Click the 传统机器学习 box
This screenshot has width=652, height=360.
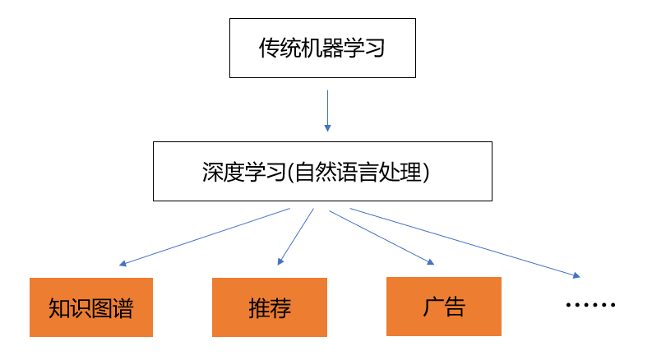322,48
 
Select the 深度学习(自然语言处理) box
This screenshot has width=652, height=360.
322,171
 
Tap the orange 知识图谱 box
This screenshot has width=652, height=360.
91,307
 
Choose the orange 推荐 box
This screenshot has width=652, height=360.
270,307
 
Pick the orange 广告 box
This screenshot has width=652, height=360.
444,307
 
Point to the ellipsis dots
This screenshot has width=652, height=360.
590,305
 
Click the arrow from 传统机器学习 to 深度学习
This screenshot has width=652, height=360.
328,111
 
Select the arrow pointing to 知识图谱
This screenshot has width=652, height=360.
205,237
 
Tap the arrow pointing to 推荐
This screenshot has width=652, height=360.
296,237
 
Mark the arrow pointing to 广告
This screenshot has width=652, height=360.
381,238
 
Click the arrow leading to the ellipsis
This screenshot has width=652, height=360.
465,242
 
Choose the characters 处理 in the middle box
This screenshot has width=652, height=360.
400,172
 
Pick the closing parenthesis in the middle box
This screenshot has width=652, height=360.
426,172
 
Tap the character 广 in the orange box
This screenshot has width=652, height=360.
432,307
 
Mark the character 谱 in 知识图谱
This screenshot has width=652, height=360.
123,308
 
